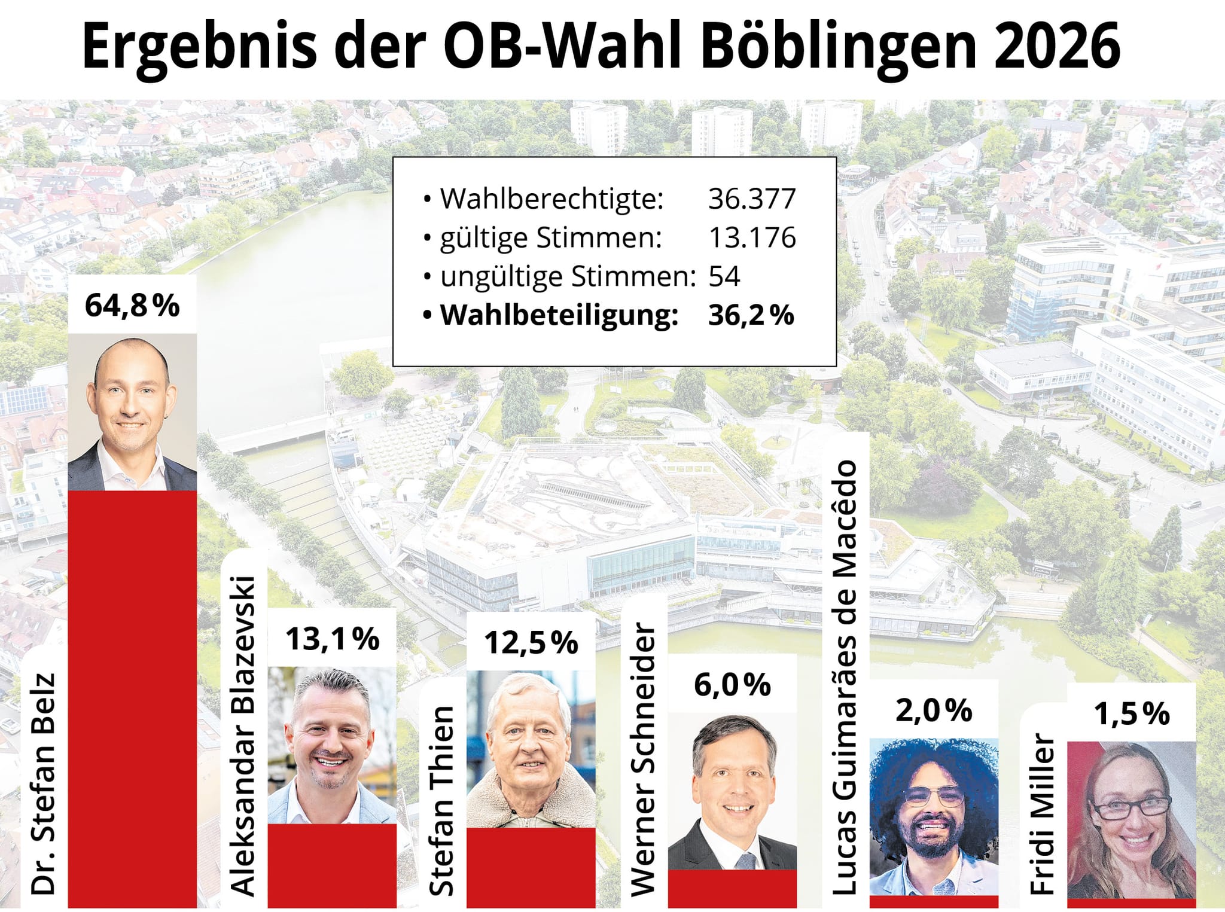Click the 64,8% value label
point(132,305)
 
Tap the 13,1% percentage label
point(333,639)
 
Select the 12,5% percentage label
point(531,643)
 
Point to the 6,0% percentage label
point(732,685)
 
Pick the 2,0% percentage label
point(934,710)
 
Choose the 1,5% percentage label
point(1132,713)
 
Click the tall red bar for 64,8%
point(132,700)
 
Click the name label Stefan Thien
point(442,801)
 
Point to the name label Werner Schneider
point(644,760)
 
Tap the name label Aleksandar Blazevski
point(243,736)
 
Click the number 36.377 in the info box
point(752,199)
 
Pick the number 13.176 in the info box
point(752,237)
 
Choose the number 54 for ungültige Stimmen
point(724,276)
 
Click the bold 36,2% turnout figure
point(751,315)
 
